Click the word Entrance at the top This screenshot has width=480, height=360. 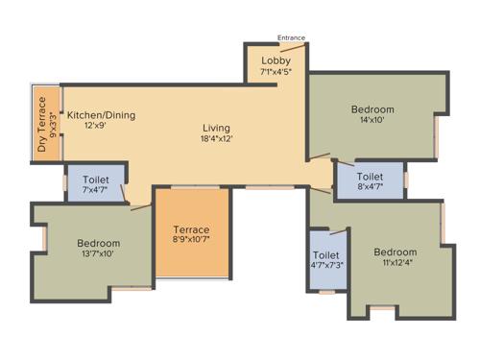tap(291, 38)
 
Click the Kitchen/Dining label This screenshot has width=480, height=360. tap(101, 115)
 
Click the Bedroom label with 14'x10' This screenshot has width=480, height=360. tap(372, 109)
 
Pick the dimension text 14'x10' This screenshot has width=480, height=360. tap(372, 121)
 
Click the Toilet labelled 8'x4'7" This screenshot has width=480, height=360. tap(370, 177)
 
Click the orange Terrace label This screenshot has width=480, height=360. tap(192, 229)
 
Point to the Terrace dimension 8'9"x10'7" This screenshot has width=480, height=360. tap(192, 241)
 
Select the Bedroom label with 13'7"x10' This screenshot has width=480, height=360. tap(98, 243)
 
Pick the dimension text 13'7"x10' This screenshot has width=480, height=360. tap(98, 254)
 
